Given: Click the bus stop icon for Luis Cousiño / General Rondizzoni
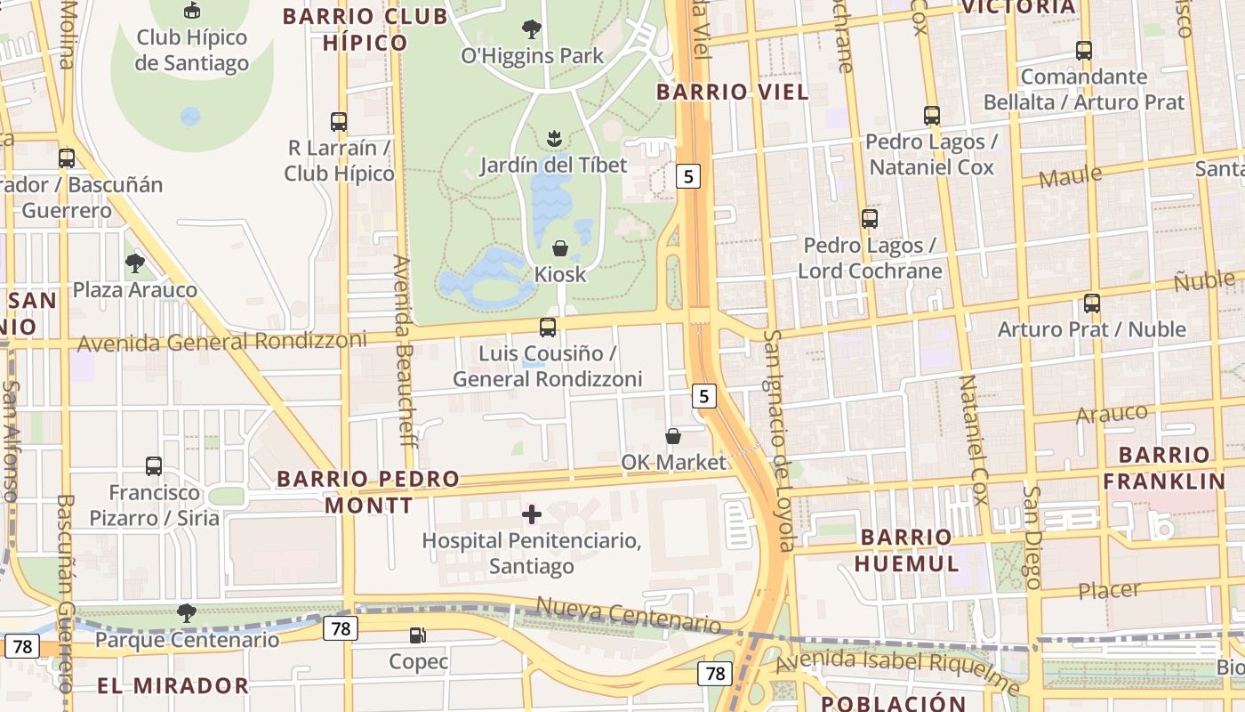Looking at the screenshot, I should click(548, 328).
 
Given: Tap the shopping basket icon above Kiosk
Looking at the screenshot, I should click(560, 248).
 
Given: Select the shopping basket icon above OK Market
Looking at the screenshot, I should click(673, 436).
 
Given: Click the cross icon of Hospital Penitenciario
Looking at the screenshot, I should click(532, 514).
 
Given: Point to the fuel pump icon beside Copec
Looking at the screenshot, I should click(417, 635).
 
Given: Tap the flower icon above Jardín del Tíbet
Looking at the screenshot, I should click(554, 139).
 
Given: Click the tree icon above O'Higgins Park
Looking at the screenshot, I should click(532, 29).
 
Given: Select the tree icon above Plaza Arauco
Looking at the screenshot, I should click(135, 263).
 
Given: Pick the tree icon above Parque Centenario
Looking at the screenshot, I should click(187, 613).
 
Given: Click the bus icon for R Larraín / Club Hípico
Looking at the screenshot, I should click(339, 122).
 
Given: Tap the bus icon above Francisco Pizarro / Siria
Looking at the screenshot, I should click(154, 466).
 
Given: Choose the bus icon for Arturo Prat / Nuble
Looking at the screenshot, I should click(1092, 303).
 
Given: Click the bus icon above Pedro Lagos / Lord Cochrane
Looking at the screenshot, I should click(870, 219).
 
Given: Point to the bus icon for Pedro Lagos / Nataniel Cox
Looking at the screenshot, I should click(932, 116).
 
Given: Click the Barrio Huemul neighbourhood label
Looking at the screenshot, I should click(907, 550).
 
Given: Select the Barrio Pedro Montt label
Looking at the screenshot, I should click(368, 492).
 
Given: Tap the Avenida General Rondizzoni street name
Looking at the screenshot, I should click(222, 342).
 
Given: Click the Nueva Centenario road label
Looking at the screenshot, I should click(628, 616).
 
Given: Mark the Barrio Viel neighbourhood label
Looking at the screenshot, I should click(733, 92).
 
